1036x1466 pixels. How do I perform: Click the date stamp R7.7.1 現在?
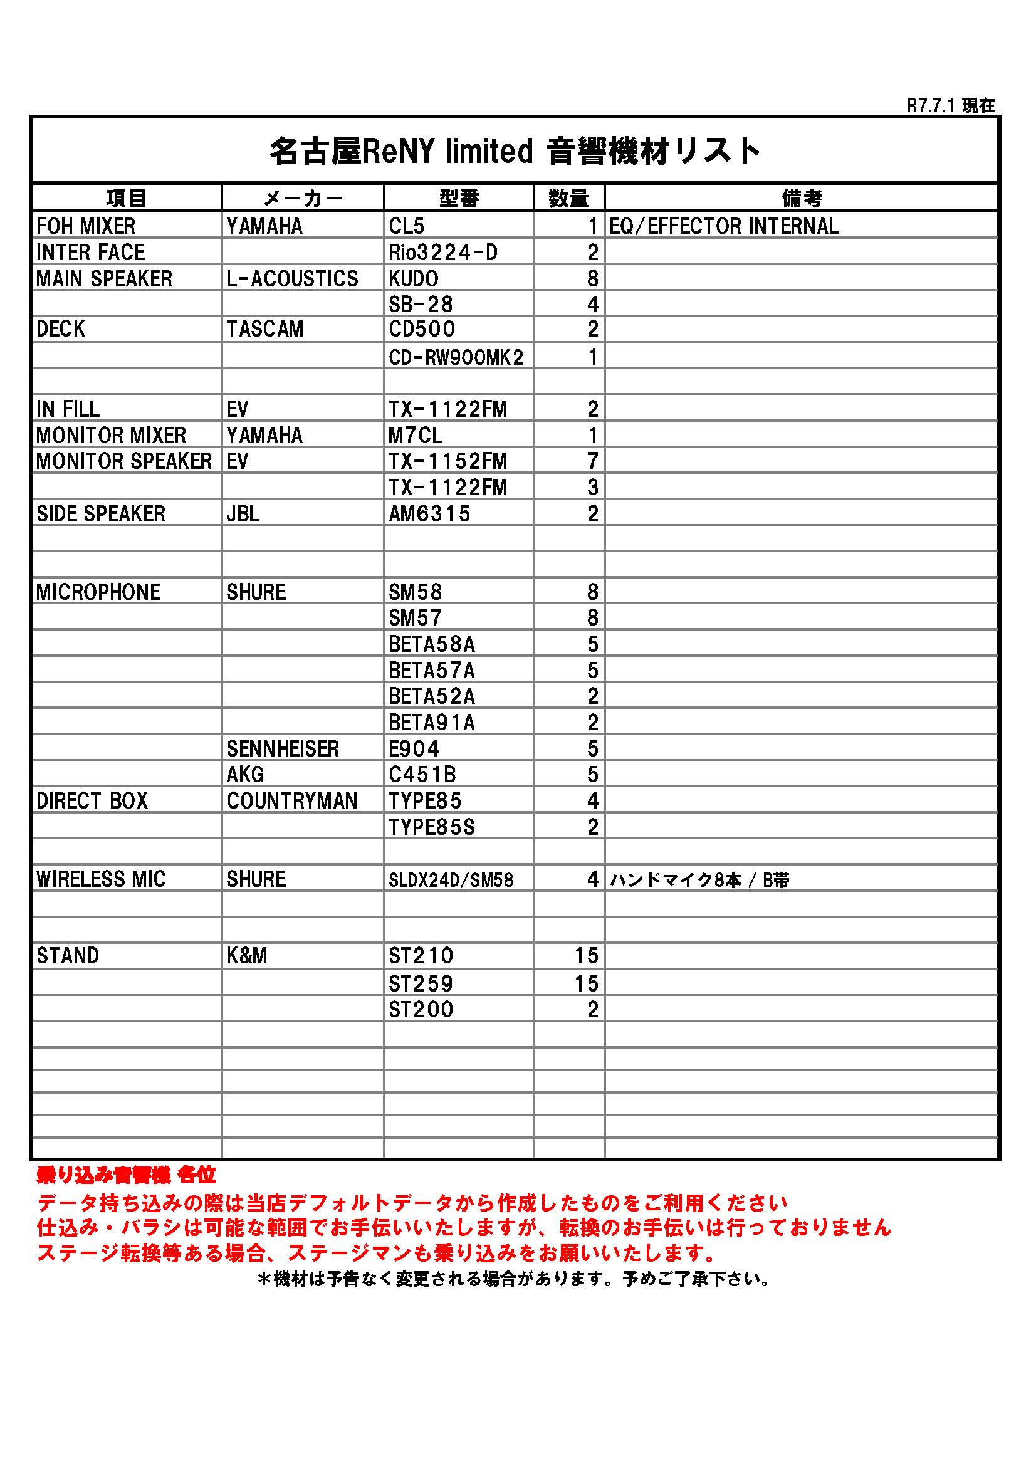click(951, 106)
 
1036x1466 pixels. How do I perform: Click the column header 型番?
click(458, 199)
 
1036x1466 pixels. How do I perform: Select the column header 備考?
click(801, 199)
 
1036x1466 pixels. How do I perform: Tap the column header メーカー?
click(303, 199)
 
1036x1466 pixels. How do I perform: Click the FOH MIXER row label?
click(86, 226)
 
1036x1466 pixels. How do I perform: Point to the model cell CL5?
click(407, 226)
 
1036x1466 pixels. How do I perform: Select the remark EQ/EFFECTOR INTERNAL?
click(724, 226)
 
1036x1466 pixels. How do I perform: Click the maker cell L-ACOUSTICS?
click(292, 278)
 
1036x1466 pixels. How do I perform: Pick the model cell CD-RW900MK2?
click(456, 357)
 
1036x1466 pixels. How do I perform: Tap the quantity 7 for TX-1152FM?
click(592, 461)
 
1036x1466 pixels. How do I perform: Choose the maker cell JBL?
click(243, 513)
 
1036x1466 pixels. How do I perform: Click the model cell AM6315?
click(429, 513)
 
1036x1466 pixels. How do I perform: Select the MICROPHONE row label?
click(98, 592)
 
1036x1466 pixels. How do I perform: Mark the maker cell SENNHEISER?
click(283, 748)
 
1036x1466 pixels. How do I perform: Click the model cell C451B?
click(422, 775)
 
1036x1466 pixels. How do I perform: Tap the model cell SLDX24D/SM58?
click(451, 880)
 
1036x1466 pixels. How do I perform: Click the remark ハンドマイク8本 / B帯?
click(699, 880)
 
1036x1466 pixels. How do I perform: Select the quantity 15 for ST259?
click(585, 983)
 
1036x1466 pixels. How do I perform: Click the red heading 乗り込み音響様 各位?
click(127, 1175)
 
